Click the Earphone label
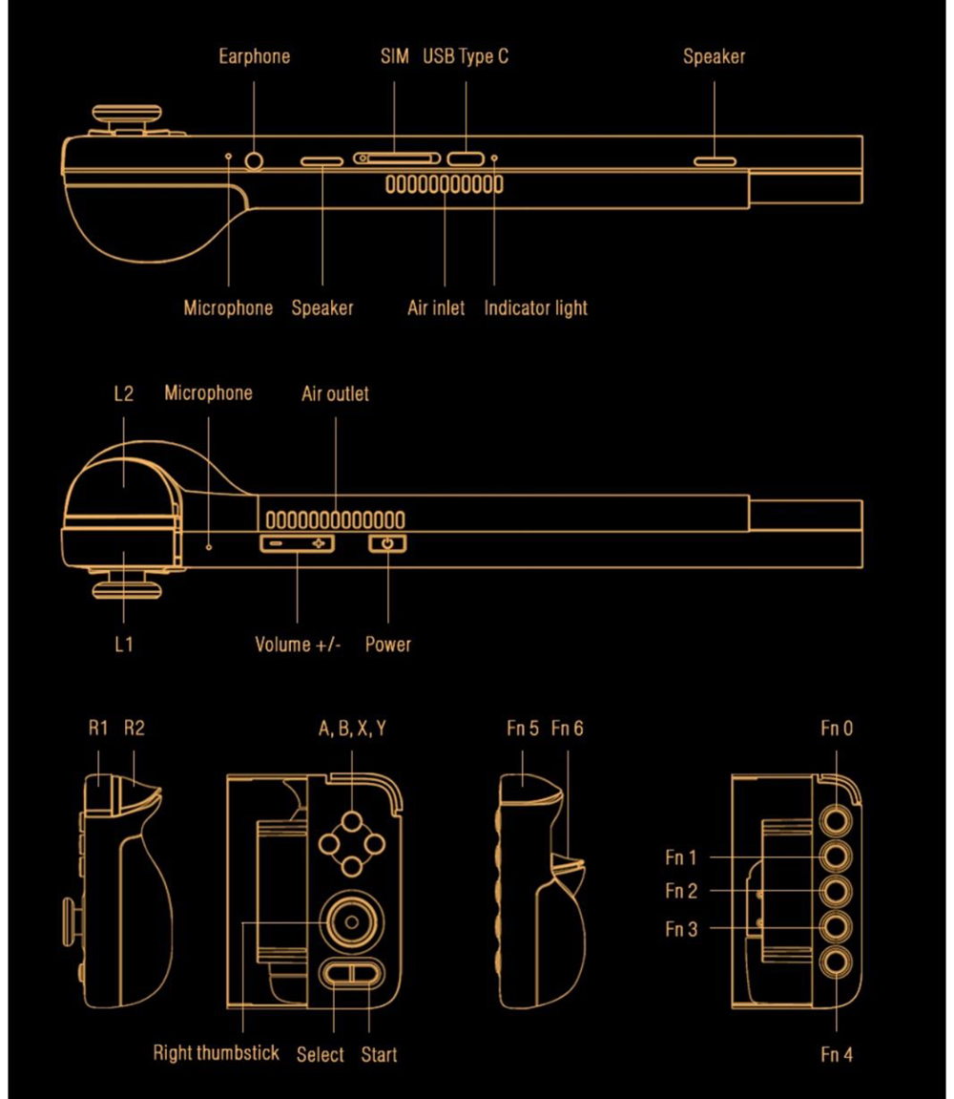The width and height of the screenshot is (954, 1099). click(254, 56)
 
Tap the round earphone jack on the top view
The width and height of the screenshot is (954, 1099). click(254, 159)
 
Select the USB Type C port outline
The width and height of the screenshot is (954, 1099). click(467, 159)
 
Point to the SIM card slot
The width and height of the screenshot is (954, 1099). click(396, 158)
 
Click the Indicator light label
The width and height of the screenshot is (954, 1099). click(535, 307)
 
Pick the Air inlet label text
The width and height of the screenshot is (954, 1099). click(436, 307)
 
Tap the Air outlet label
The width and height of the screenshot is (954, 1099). click(335, 393)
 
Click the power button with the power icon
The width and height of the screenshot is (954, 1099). click(387, 543)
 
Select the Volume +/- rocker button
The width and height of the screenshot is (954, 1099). click(298, 543)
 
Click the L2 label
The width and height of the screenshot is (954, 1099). click(123, 393)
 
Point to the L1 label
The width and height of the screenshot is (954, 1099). click(123, 644)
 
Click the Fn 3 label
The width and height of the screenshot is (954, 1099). click(681, 928)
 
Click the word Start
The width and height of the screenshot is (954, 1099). click(379, 1054)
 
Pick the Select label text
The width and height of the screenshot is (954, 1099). click(321, 1054)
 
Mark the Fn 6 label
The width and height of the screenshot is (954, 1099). click(568, 729)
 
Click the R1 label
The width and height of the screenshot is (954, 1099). click(99, 729)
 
